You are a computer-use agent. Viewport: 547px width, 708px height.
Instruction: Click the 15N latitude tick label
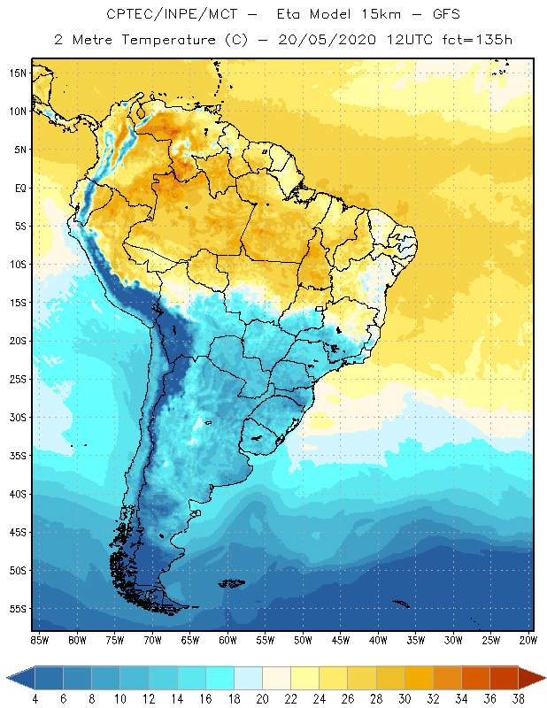click(x=18, y=73)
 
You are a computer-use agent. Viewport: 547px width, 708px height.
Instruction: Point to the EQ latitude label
click(x=18, y=188)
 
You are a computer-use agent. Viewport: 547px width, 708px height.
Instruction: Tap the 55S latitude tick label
click(x=18, y=609)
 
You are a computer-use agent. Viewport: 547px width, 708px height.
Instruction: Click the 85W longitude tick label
click(x=39, y=640)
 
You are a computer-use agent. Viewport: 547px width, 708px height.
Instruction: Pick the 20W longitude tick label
click(x=527, y=640)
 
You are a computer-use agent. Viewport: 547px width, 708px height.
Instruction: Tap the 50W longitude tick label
click(x=304, y=640)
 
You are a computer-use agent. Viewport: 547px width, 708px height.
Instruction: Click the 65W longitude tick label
click(x=190, y=640)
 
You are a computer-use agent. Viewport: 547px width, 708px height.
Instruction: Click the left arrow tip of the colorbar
click(x=8, y=677)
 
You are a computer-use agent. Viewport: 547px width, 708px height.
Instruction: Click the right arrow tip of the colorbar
click(x=545, y=677)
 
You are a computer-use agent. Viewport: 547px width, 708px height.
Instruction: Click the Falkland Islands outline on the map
click(x=232, y=582)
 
